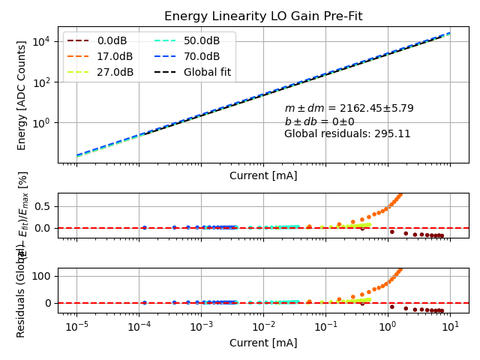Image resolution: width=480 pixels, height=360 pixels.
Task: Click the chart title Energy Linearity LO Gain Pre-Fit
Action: tap(263, 16)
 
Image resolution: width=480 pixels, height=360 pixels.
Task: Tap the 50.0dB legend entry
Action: tap(202, 40)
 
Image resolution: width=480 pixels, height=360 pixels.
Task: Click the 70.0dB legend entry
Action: tap(202, 56)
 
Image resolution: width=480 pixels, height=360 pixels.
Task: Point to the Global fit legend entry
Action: tap(207, 72)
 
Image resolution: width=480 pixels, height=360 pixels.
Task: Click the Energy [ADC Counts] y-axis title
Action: tap(22, 95)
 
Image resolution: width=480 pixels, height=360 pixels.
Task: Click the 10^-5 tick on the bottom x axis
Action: tap(76, 328)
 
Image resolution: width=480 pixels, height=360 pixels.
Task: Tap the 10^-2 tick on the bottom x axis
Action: tap(263, 328)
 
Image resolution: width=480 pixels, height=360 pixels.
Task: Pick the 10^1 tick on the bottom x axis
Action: tap(450, 328)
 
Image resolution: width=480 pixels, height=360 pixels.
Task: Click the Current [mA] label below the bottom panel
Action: tap(263, 343)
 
